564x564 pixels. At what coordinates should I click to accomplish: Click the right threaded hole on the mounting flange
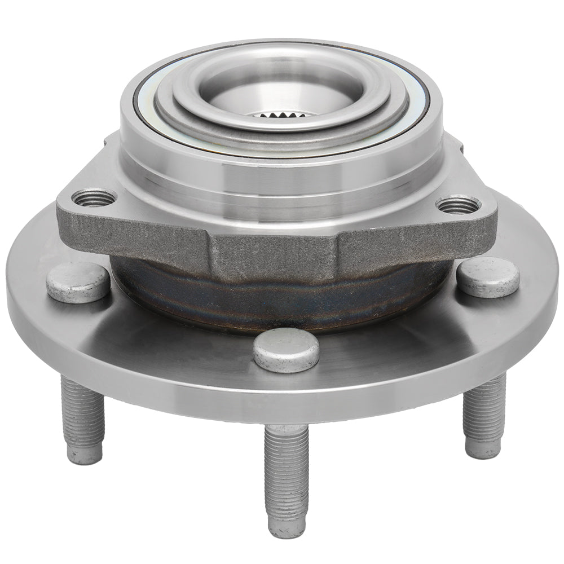(458, 204)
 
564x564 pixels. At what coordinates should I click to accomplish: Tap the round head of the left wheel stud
(78, 281)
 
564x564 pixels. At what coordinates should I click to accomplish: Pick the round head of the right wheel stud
(487, 277)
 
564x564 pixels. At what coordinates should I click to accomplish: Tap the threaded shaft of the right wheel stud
(483, 409)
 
